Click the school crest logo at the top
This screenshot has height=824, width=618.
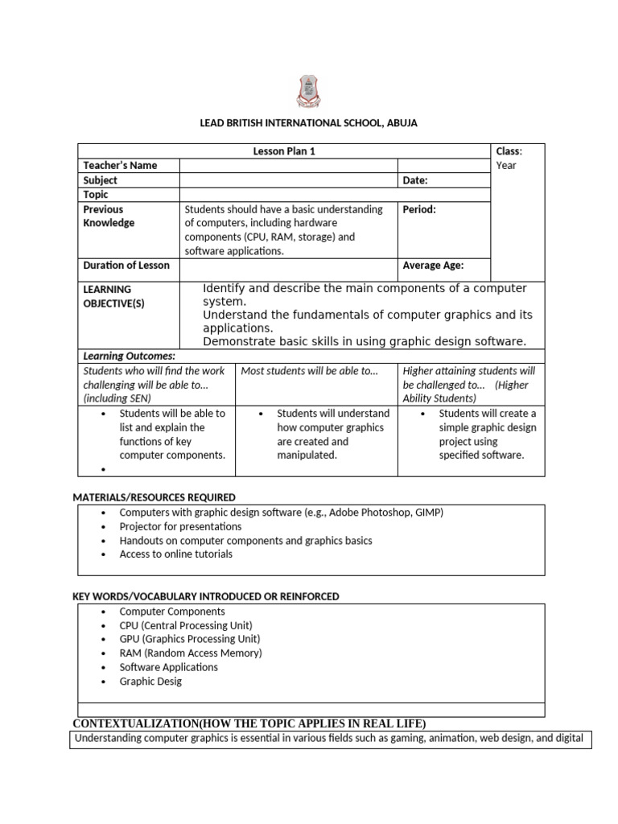tap(308, 91)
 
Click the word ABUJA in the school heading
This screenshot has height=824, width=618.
tap(402, 123)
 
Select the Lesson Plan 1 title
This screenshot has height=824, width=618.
tap(278, 151)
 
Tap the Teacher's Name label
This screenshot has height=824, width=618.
tap(120, 165)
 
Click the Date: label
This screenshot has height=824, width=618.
tap(415, 180)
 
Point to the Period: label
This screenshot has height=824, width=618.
tap(419, 209)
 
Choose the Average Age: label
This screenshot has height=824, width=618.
tap(433, 266)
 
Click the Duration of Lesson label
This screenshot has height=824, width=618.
tap(126, 266)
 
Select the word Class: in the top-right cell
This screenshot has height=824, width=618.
tap(509, 151)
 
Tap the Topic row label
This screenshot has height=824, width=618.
tap(96, 195)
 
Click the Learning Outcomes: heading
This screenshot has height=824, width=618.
tap(129, 356)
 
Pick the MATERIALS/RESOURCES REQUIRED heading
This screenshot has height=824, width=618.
tap(154, 497)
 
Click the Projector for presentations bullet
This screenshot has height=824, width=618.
tap(180, 526)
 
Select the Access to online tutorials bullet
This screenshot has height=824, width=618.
tap(175, 554)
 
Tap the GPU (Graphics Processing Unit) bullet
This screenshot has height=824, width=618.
tap(186, 639)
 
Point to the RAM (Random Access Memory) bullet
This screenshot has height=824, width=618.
tap(191, 653)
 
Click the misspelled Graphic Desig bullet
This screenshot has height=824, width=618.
tap(150, 682)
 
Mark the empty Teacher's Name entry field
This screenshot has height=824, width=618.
tap(288, 165)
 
